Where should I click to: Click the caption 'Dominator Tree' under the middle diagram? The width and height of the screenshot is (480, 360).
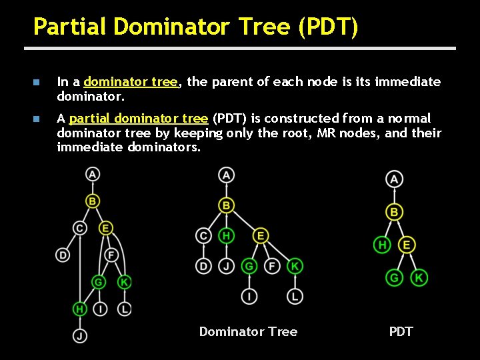(248, 331)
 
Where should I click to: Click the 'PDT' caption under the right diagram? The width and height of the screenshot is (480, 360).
(401, 331)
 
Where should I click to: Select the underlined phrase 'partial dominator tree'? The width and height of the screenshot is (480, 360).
(138, 119)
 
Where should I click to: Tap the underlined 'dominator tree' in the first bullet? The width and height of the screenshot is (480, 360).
(131, 82)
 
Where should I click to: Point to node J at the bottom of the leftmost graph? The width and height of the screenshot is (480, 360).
(80, 336)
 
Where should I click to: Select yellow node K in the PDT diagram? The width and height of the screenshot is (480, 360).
(419, 277)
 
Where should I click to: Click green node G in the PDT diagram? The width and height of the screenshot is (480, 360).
(395, 277)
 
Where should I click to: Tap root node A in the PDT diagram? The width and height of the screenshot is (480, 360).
(395, 179)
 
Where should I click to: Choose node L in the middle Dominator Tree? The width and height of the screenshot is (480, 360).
(295, 296)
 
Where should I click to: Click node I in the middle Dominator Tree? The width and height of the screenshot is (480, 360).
(249, 296)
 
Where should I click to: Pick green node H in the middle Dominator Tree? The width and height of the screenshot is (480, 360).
(227, 235)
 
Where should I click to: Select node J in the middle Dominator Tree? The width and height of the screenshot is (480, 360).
(227, 266)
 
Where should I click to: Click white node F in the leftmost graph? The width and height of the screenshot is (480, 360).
(111, 255)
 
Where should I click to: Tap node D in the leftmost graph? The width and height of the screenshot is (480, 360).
(63, 255)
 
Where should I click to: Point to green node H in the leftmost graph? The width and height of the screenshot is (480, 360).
(80, 309)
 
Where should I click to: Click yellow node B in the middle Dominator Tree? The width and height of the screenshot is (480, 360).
(227, 205)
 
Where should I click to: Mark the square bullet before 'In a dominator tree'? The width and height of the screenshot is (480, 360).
(37, 83)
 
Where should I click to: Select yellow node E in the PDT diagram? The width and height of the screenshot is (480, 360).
(407, 245)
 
